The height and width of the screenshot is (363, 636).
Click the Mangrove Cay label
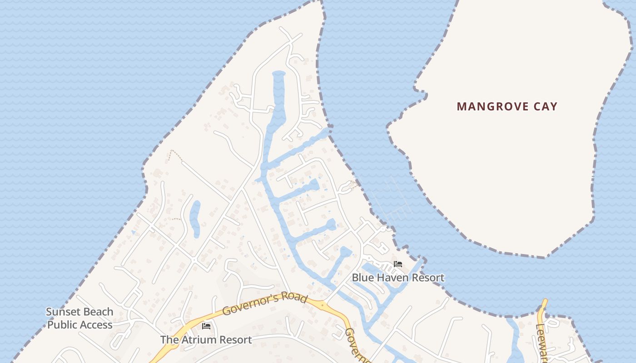tap(507, 107)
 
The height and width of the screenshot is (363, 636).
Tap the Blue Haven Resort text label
tap(398, 277)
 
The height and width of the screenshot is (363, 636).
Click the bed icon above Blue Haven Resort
tap(398, 264)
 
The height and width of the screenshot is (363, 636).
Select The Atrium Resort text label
tap(206, 339)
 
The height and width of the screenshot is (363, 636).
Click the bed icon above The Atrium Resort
tap(206, 326)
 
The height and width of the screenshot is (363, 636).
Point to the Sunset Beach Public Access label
tap(80, 318)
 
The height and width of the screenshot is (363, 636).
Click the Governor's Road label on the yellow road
tap(265, 305)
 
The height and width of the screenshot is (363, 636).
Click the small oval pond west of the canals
tap(195, 219)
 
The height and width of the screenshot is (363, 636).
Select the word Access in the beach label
tap(96, 325)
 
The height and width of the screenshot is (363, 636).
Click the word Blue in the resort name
tap(363, 277)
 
